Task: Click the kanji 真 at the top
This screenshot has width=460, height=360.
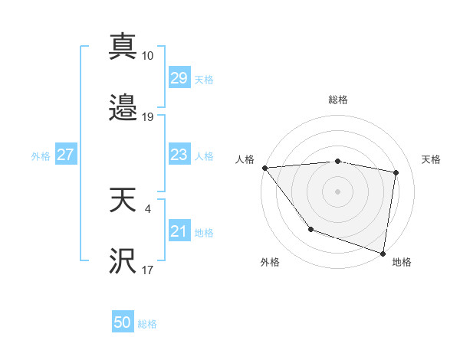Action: point(123,47)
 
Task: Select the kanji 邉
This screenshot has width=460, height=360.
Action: point(123,109)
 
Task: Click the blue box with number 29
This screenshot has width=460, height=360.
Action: point(179,78)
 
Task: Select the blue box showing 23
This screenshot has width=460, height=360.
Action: point(179,155)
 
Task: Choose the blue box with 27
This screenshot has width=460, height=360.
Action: point(65,155)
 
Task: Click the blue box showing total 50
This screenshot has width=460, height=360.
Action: point(123,323)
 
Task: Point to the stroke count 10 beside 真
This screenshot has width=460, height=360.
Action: point(148,56)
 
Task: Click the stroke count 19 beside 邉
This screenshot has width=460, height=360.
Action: point(148,117)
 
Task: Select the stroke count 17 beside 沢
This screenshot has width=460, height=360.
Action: point(148,270)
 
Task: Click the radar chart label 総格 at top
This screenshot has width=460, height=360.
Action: point(338,100)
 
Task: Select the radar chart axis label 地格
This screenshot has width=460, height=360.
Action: point(402,262)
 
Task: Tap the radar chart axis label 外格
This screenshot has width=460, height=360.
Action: point(270,262)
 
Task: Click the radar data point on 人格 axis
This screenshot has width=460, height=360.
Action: point(264,168)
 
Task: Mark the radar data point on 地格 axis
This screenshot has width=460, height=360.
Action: point(383,252)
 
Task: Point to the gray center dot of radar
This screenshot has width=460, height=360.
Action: point(338,191)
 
